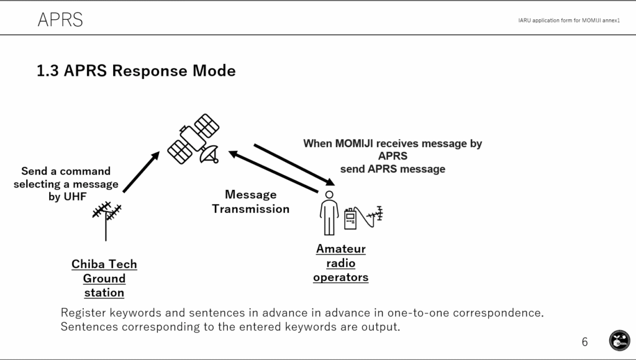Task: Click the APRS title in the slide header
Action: click(60, 19)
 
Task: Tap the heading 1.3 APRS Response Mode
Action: click(136, 71)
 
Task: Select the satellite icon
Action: click(194, 138)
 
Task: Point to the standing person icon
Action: click(329, 213)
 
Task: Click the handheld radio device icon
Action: click(350, 218)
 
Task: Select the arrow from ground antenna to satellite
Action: click(141, 172)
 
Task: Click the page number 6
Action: click(584, 342)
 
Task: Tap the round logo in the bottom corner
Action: click(619, 340)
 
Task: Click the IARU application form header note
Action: click(569, 20)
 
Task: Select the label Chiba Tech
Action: click(104, 264)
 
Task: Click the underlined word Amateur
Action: click(341, 248)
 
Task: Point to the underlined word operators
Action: click(341, 277)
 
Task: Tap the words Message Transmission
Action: click(251, 202)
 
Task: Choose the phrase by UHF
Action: click(67, 197)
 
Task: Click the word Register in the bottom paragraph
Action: click(84, 313)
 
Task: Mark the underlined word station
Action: click(104, 293)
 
